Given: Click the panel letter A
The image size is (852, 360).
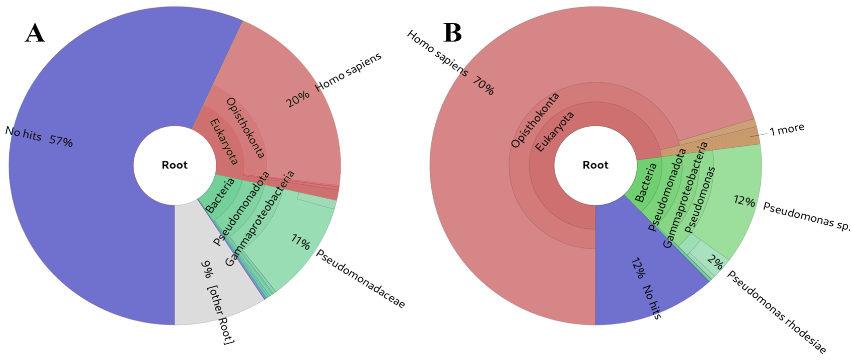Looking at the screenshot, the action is click(35, 33).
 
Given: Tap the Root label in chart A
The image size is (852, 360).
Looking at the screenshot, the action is click(174, 165).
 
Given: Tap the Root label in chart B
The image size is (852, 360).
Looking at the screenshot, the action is click(595, 165).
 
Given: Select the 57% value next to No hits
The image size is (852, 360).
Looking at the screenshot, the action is click(61, 141).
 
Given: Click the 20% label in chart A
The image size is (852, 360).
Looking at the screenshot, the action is click(298, 99).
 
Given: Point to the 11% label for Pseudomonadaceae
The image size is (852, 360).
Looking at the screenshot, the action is click(300, 242).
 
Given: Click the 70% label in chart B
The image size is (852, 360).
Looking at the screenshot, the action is click(483, 85).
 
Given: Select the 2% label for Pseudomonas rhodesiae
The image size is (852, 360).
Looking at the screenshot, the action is click(715, 263).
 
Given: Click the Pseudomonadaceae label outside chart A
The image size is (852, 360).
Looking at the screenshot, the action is click(360, 279).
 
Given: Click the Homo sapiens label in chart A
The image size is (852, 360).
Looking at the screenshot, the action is click(348, 72).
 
